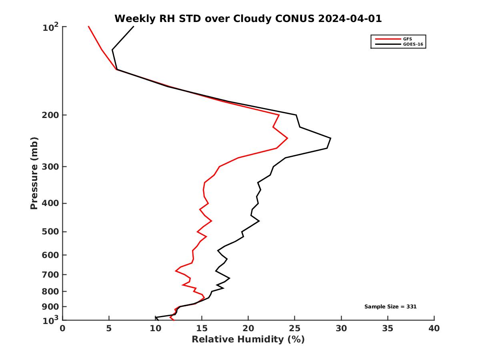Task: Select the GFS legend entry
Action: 408,39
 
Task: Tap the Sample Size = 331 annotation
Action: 390,306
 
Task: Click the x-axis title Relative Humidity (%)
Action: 248,340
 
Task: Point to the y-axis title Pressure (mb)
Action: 34,173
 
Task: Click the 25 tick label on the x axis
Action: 295,328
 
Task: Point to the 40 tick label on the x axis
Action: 434,328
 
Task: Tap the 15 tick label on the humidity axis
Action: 202,328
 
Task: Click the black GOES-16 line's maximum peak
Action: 331,138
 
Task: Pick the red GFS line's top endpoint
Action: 88,26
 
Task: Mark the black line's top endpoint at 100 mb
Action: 134,26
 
